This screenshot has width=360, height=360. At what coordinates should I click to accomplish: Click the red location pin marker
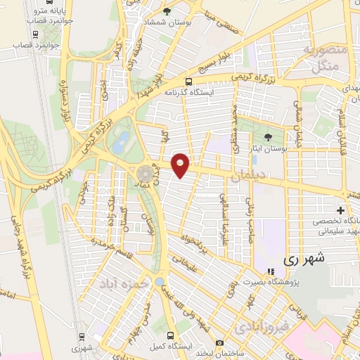pyautogui.click(x=181, y=164)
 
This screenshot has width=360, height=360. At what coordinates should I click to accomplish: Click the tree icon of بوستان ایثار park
pyautogui.click(x=268, y=138)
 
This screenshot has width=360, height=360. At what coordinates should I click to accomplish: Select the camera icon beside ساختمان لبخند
pyautogui.click(x=219, y=343)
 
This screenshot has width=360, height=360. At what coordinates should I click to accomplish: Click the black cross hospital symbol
pyautogui.click(x=341, y=210)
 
